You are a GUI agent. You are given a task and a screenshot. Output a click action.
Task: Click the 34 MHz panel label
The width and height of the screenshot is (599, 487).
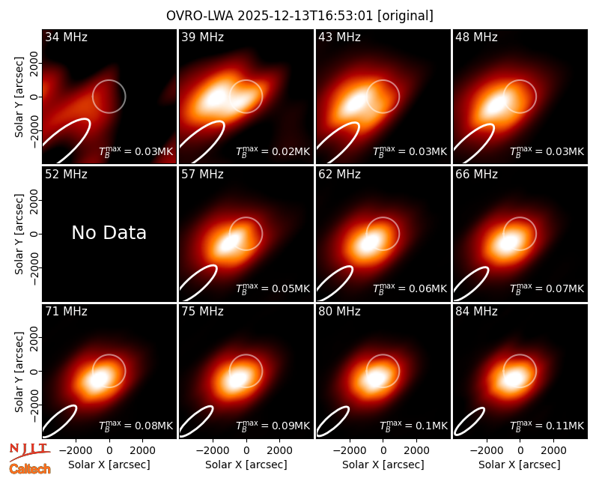point(66,37)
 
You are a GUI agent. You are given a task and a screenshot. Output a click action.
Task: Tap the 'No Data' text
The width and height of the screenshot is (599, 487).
point(109,232)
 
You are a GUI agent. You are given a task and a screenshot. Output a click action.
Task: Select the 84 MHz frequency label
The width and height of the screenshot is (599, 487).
point(476,312)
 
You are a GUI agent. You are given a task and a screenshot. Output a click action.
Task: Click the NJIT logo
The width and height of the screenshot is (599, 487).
point(30,452)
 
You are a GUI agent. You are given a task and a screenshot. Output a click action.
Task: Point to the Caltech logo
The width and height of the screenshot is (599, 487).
point(30,469)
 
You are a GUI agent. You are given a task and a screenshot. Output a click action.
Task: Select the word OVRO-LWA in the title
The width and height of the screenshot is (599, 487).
point(200,16)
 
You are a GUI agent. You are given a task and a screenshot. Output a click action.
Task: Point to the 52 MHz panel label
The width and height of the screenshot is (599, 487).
point(66,175)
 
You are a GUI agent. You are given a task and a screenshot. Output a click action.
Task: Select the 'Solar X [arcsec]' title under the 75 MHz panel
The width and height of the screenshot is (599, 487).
point(246,465)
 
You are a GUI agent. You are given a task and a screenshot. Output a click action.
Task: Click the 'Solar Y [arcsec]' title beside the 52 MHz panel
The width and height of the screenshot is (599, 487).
point(19,234)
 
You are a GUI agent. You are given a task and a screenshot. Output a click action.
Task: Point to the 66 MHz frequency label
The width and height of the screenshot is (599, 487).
point(476,175)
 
